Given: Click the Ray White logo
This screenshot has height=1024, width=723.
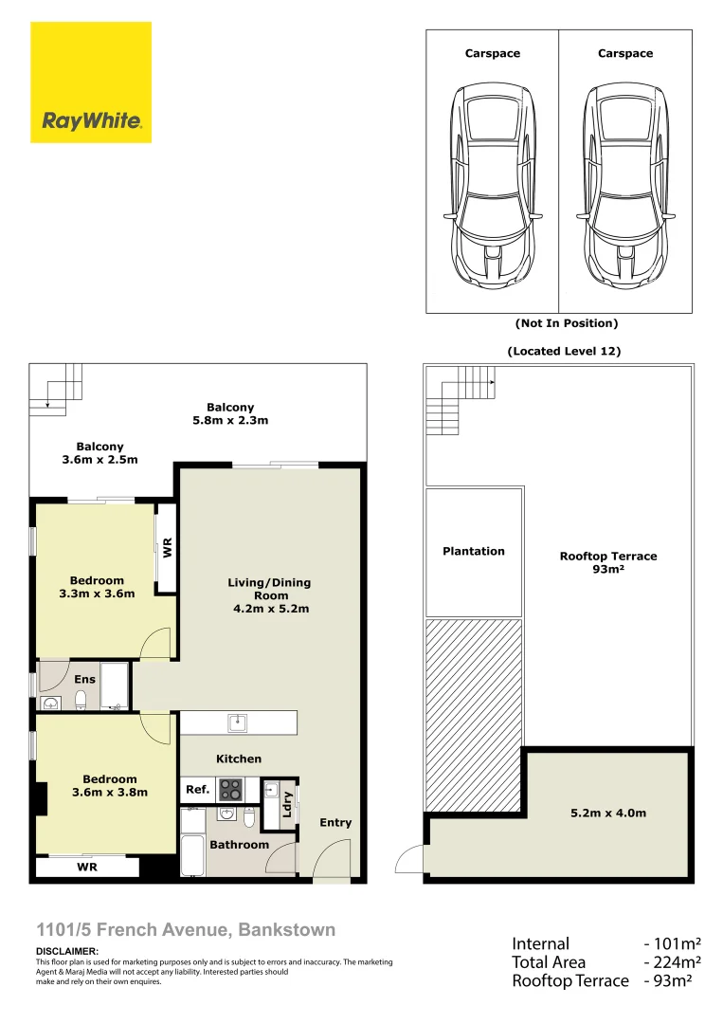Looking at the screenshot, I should (x=91, y=83).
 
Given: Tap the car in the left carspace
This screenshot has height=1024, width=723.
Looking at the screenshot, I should (x=492, y=185).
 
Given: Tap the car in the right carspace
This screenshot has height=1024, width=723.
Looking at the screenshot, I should (x=624, y=185).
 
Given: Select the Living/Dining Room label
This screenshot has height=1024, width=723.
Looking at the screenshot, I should (x=270, y=595).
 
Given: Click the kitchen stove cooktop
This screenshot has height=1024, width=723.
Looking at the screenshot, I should (x=230, y=789).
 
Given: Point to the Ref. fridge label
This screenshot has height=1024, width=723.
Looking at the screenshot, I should (x=197, y=789).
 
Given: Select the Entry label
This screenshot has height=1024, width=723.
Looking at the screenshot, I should (x=335, y=822).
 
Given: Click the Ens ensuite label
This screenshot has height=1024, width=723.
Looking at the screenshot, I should (x=85, y=679).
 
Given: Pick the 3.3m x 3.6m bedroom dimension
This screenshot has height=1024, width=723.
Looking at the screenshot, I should (x=97, y=594).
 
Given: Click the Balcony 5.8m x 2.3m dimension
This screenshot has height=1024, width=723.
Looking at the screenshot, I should (x=231, y=420).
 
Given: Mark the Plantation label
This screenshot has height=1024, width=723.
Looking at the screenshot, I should (x=474, y=551).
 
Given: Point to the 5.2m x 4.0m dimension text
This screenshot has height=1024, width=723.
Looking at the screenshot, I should (x=607, y=813).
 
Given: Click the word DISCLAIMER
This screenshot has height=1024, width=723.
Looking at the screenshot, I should (x=66, y=951).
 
